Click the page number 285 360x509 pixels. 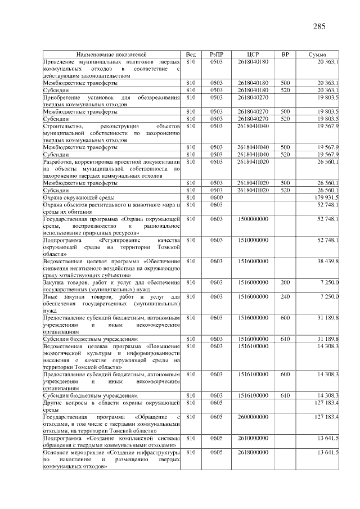319,26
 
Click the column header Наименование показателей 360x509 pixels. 111,55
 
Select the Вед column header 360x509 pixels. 190,55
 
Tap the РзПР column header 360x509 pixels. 217,55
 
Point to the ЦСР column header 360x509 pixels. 253,55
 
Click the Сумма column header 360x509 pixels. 318,55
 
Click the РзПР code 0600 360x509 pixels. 217,198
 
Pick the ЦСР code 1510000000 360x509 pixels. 253,240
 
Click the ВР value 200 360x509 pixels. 285,282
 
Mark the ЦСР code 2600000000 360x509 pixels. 253,417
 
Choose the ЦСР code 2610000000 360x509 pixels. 253,438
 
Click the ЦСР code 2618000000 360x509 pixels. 253,452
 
